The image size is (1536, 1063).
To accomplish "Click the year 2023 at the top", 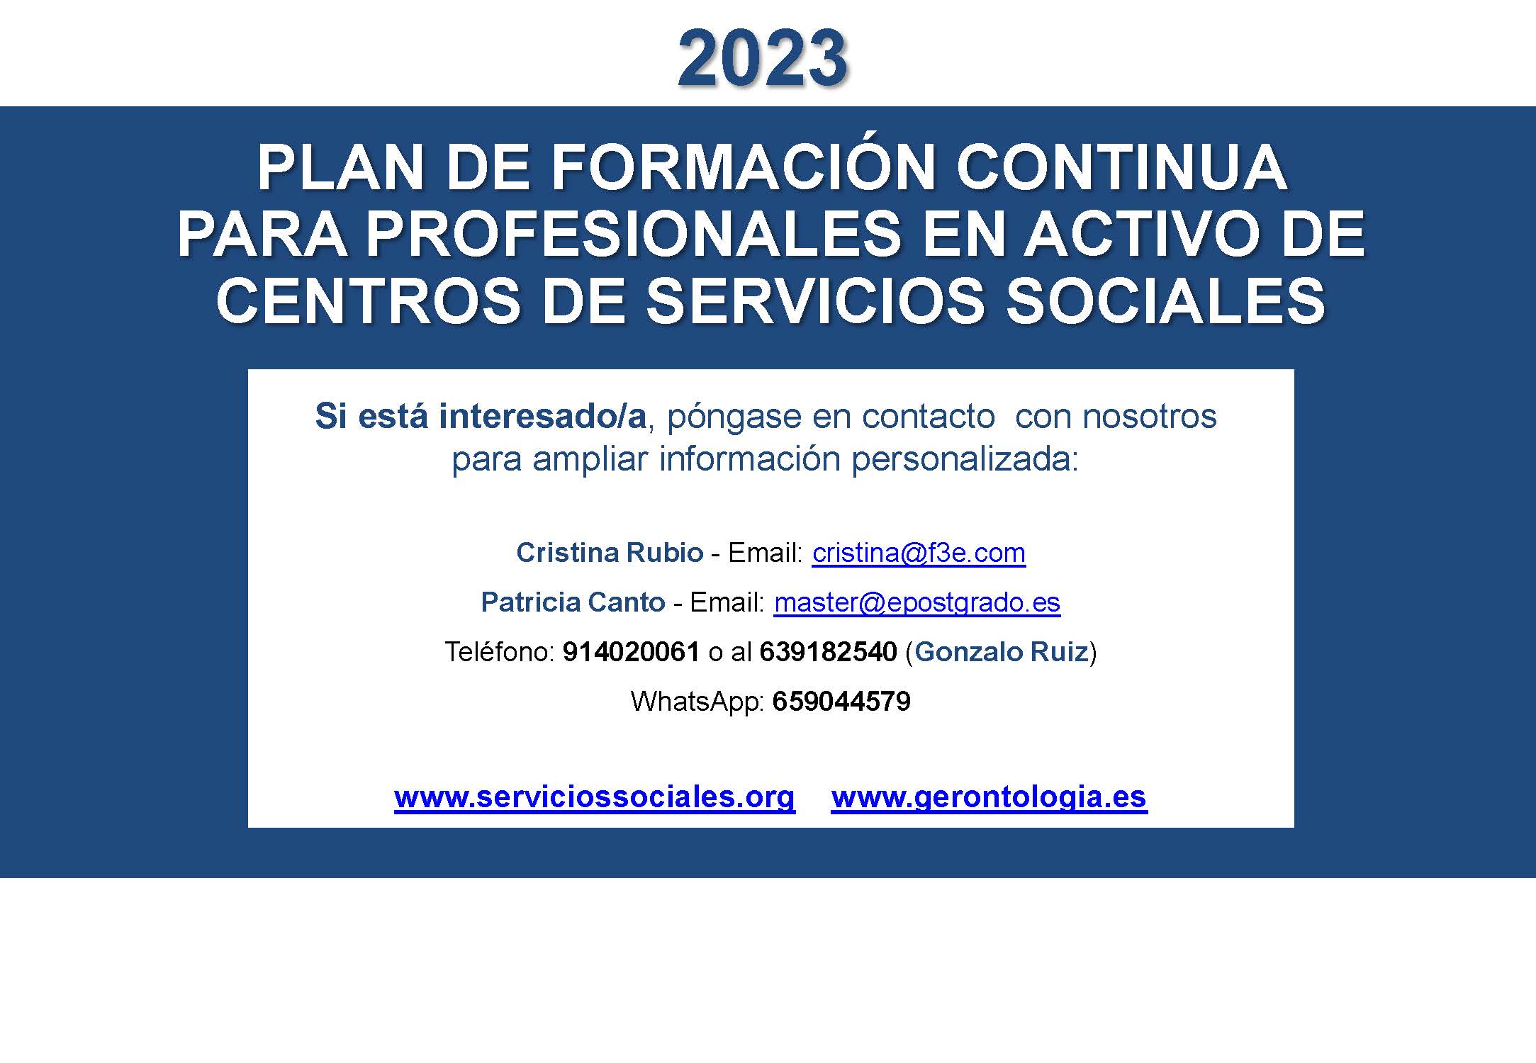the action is pos(763,58).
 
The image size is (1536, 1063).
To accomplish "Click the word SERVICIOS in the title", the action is pos(814,301).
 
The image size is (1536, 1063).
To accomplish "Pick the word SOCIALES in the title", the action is pos(1165,301).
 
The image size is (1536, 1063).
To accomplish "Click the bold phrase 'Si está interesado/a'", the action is pos(481,416).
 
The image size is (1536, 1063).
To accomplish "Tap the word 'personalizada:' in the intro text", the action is pos(965,460).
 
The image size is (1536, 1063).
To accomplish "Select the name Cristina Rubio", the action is pos(610,553).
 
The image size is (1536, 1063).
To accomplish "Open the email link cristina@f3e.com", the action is pos(919,553).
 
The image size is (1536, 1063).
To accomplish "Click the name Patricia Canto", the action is pos(573,602).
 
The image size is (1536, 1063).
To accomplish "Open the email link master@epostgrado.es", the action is pos(917,603).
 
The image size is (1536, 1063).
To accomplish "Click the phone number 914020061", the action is pos(631,652).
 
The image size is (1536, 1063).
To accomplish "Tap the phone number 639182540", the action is pos(828,652).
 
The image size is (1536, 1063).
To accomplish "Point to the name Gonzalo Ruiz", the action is pos(1002,652).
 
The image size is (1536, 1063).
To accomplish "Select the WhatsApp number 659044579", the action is pos(841,702).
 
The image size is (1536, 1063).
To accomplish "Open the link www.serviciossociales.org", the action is pos(595,797).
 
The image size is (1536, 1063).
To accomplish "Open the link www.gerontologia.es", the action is pos(989,797).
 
